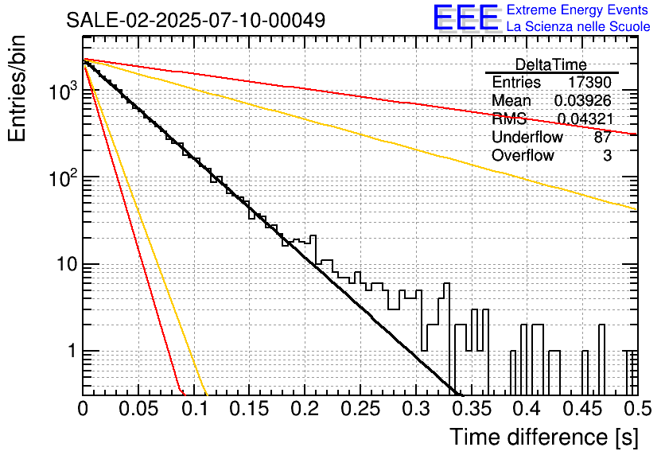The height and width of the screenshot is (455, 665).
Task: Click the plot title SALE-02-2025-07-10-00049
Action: coord(196,21)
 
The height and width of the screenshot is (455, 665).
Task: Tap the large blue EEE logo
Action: coord(465,19)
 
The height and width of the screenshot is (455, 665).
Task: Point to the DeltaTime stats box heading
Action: coord(550,64)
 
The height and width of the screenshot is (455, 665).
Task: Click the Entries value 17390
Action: coord(589,83)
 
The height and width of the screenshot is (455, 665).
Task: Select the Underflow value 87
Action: coord(602,138)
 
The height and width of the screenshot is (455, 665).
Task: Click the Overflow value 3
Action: coord(607,156)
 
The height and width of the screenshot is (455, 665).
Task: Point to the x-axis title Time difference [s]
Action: coord(544,437)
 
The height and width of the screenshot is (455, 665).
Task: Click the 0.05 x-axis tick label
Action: coord(138,410)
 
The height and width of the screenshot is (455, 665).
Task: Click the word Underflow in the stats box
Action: coord(527,138)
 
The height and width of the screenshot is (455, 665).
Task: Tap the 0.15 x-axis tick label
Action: coord(249,410)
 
